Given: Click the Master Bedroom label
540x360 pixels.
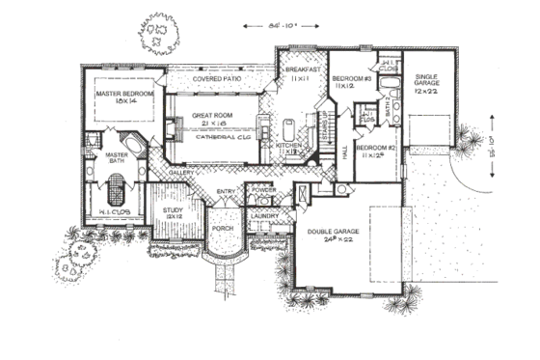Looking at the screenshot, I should tap(121, 93).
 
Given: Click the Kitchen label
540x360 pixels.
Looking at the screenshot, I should tap(290, 145).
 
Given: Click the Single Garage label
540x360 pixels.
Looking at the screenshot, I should tap(427, 80).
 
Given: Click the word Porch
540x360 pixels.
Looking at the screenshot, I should tap(223, 229).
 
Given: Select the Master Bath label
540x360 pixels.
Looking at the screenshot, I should tap(116, 157).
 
